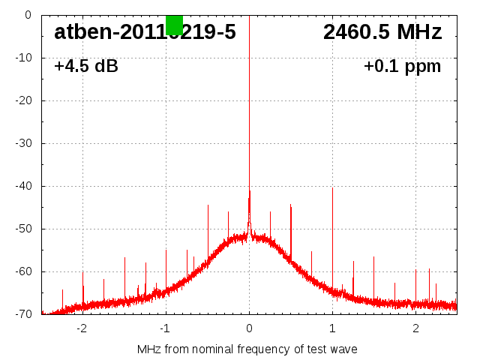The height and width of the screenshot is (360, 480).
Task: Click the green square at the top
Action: pyautogui.click(x=174, y=25)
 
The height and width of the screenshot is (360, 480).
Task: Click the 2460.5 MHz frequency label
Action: pyautogui.click(x=382, y=32)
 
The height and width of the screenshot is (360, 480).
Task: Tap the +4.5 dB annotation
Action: pyautogui.click(x=86, y=66)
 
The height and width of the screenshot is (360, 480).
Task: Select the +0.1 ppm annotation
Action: pyautogui.click(x=402, y=66)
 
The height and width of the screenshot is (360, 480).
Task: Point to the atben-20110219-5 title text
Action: pyautogui.click(x=145, y=32)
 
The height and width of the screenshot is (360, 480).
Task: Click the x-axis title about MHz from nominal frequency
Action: pyautogui.click(x=247, y=349)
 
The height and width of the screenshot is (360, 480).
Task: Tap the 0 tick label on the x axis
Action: pyautogui.click(x=249, y=328)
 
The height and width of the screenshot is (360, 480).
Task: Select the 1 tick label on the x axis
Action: pyautogui.click(x=332, y=328)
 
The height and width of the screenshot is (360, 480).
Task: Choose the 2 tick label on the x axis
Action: pyautogui.click(x=415, y=328)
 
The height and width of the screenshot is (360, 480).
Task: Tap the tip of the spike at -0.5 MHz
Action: pyautogui.click(x=208, y=205)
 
